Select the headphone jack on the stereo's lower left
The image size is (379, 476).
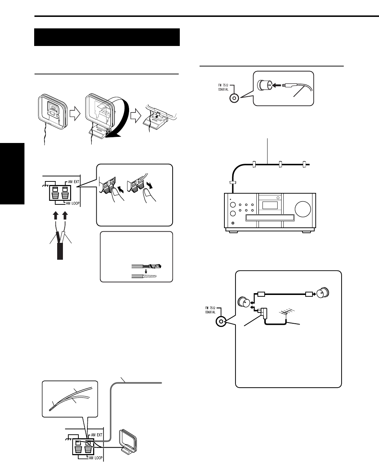click(232, 223)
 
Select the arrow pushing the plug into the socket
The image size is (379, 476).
click(275, 86)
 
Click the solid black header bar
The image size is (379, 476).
click(107, 37)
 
